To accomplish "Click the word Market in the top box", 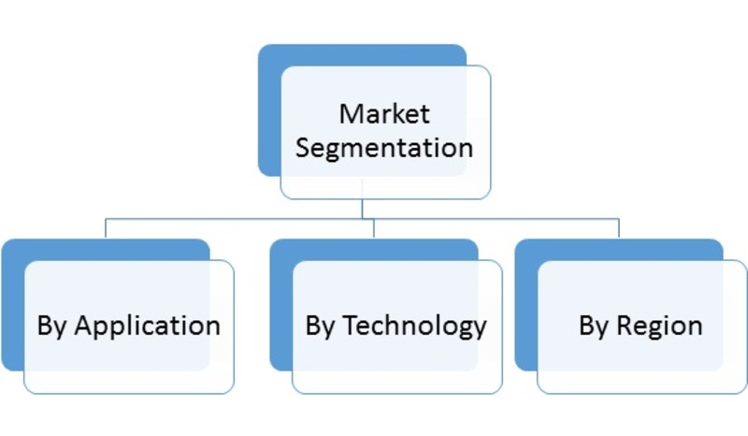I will tap(384, 114).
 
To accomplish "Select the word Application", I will tap(147, 326).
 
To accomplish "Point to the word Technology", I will tap(414, 326).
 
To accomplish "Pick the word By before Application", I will tap(52, 326).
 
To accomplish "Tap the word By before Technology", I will tap(321, 326).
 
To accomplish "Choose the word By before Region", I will tap(594, 326).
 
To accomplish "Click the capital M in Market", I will tap(350, 114).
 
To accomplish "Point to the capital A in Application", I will tap(82, 326).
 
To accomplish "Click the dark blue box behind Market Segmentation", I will tap(269, 112).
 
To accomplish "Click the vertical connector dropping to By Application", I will tap(105, 228).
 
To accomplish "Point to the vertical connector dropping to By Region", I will tap(618, 228).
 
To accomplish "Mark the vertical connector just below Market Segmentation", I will tap(362, 209).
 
